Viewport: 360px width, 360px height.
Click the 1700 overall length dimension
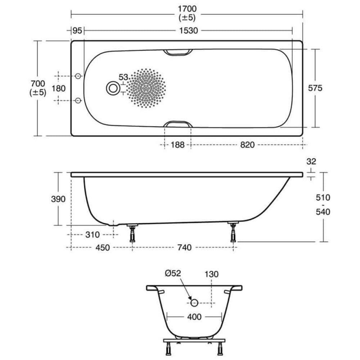(186, 8)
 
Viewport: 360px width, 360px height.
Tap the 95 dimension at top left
(77, 31)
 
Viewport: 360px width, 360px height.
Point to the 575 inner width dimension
(315, 88)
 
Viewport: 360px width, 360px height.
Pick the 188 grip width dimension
(177, 145)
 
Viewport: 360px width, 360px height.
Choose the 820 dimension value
(247, 145)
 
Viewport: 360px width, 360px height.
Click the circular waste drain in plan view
(113, 88)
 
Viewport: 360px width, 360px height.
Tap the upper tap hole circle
(78, 76)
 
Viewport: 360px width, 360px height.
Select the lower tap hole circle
(78, 100)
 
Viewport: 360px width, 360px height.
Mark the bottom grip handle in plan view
(178, 123)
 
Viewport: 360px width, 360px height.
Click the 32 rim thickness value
(311, 162)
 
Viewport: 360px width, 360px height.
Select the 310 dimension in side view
(92, 235)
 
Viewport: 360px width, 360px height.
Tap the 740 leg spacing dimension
(184, 248)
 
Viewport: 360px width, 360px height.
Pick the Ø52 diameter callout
(173, 274)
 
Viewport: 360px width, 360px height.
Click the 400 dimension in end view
(194, 317)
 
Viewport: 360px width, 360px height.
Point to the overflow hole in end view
(194, 303)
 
